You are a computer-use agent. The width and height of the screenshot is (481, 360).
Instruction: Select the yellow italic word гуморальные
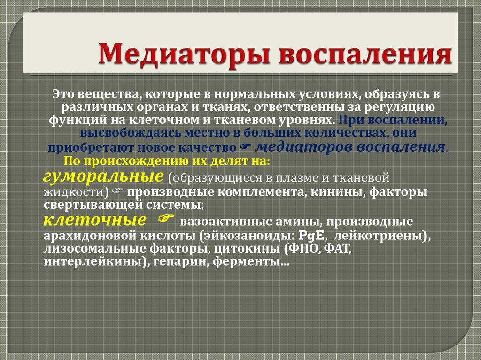[103, 177]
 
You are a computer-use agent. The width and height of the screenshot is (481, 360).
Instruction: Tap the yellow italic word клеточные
[94, 220]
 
